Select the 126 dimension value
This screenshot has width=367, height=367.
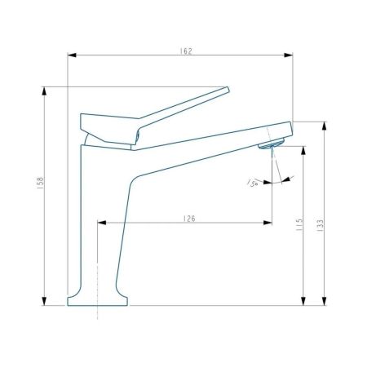pos(188,217)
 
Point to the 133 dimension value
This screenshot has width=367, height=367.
pos(321,223)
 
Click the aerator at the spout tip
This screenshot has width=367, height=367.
pos(269,145)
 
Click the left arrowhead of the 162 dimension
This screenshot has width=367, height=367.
pos(72,55)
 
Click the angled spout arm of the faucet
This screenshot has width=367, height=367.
pos(204,147)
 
